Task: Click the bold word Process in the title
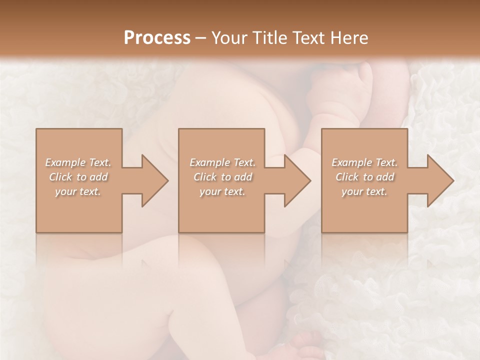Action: pos(157,38)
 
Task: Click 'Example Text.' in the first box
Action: pos(78,162)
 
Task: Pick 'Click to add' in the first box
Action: pos(78,177)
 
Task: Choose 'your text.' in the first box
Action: pos(78,191)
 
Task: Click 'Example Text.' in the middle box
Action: pos(222,162)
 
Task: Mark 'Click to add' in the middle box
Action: pos(222,177)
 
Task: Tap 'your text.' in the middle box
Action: pos(222,191)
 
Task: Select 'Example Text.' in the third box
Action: pos(364,162)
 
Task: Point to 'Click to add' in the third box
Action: pos(364,177)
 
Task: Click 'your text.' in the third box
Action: pos(364,191)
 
